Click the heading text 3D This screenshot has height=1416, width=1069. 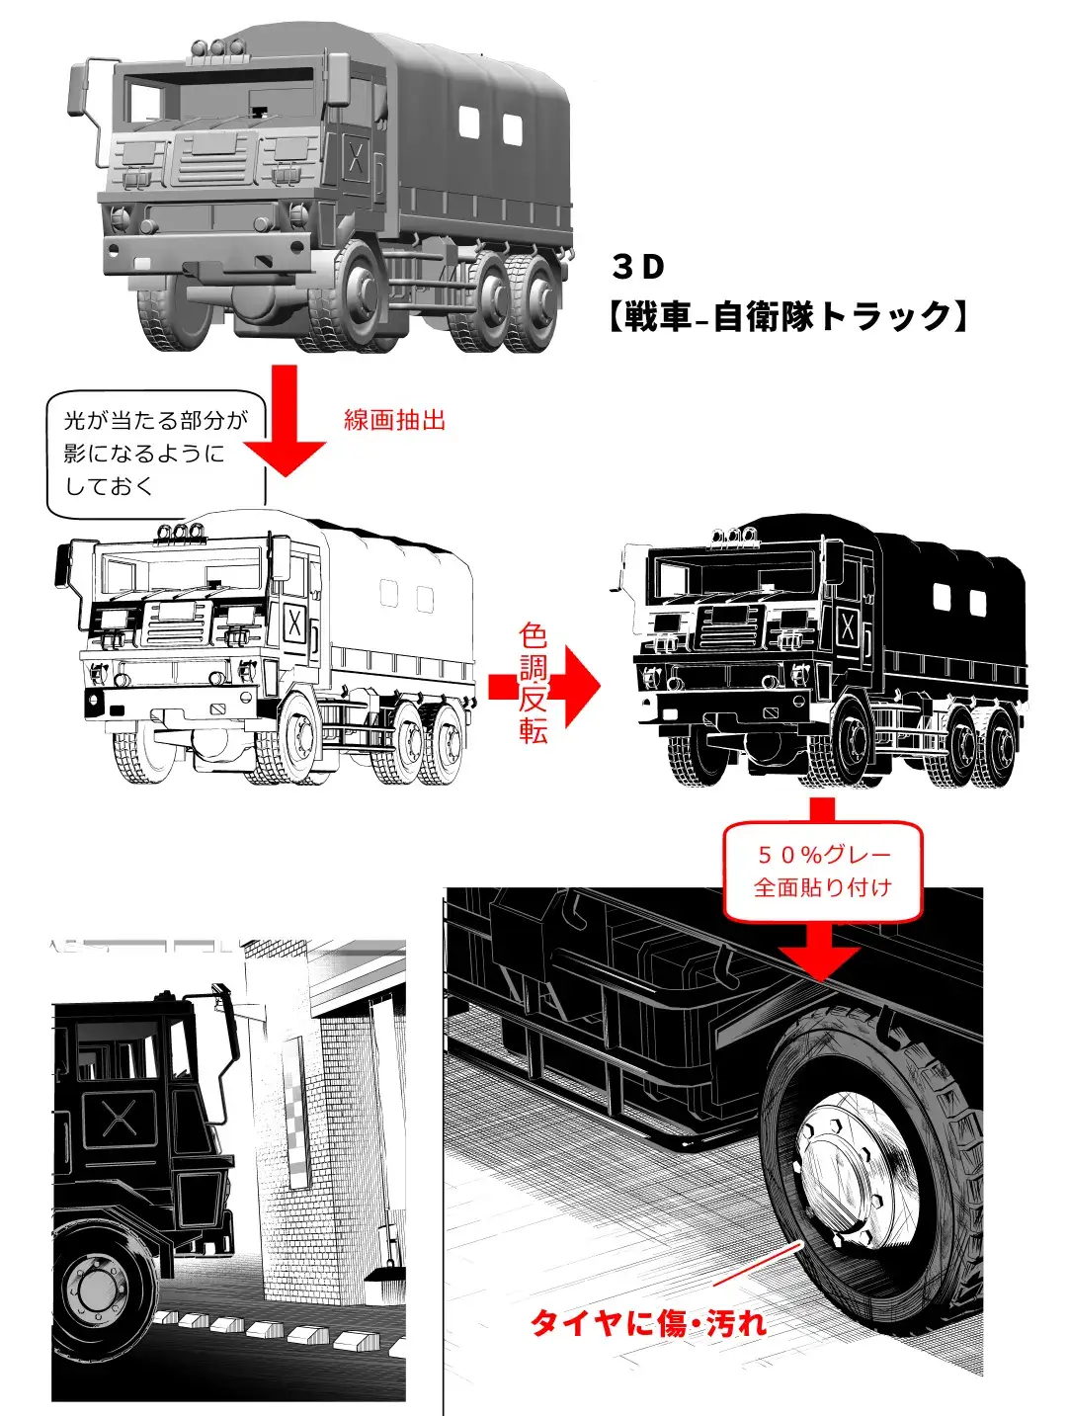tap(637, 267)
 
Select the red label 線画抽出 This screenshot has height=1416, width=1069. tap(394, 420)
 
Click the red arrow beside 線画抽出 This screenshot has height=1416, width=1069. tap(285, 421)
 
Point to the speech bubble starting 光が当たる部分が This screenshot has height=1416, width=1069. tap(156, 455)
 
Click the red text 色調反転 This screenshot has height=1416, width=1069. tap(533, 684)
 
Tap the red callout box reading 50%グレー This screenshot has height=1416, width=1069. tap(823, 871)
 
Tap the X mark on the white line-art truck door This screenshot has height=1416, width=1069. tap(294, 624)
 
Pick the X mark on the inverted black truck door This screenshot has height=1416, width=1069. tap(848, 625)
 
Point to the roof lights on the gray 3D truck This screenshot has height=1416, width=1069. tap(217, 47)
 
